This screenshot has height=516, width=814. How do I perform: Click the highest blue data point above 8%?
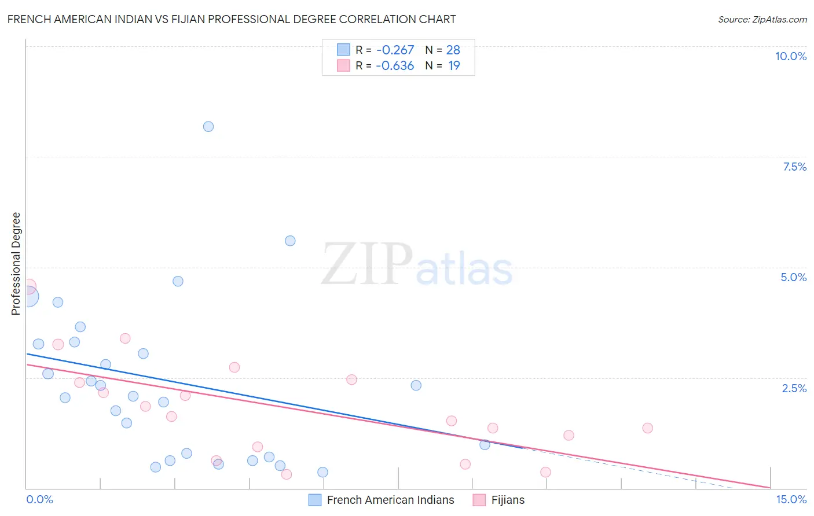coord(208,127)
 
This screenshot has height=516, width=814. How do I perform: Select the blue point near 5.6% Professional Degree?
coord(290,241)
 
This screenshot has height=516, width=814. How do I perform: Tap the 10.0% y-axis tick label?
coord(790,56)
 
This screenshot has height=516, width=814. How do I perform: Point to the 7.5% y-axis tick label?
coord(794,167)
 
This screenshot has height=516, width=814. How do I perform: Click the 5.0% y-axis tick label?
coord(793,277)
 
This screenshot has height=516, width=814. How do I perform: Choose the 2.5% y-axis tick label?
coord(794,388)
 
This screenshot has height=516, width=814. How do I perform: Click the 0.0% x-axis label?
coord(39,499)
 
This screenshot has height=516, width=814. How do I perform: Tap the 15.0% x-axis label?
coord(791,499)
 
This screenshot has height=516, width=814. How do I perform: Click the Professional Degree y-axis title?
coord(16,264)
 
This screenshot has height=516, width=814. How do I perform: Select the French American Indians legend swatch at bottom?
coord(315,500)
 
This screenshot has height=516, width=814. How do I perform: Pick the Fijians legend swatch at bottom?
coord(479,500)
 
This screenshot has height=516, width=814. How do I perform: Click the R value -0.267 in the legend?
coord(395,50)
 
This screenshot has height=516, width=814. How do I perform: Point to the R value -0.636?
coord(395,66)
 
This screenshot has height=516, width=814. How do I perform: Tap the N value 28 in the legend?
coord(453,50)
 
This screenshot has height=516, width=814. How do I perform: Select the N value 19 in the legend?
coord(454,66)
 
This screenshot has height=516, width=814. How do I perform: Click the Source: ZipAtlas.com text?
coord(762,20)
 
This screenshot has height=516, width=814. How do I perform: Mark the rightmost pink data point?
coord(647,428)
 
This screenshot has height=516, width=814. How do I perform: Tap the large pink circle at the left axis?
coord(28,286)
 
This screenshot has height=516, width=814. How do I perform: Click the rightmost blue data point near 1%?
coord(485,445)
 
